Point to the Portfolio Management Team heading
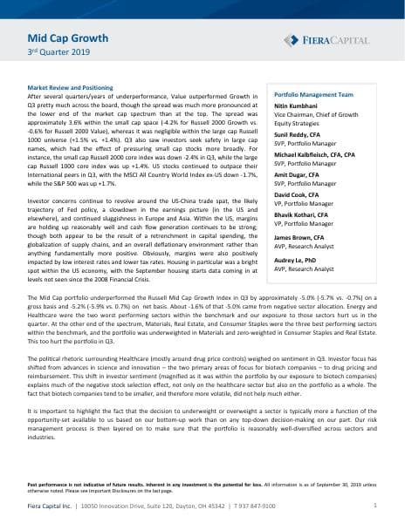tap(313, 93)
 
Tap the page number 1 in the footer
tap(374, 505)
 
